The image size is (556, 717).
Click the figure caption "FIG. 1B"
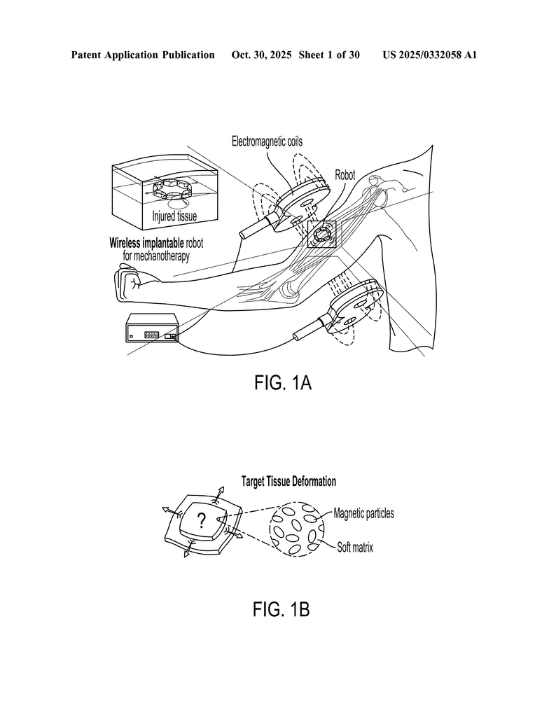281,610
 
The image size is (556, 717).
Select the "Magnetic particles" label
363,513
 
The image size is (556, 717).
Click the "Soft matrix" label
354,548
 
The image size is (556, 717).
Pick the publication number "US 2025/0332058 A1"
429,55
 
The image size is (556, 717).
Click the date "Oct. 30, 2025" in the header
262,55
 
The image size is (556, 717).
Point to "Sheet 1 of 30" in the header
329,55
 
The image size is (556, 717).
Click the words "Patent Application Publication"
143,55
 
